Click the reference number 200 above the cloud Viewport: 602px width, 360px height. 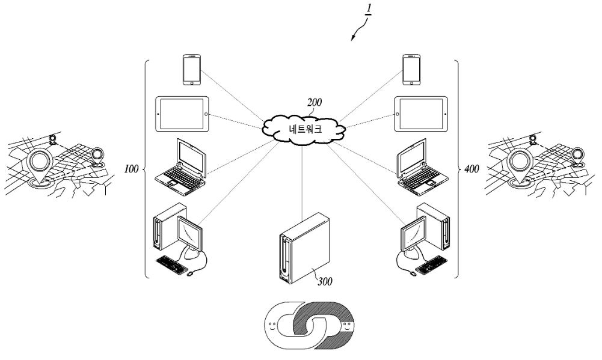pos(315,103)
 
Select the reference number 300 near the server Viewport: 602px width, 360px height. pos(325,282)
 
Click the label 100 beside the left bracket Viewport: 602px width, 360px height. pos(131,169)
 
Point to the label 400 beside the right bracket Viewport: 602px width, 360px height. pos(471,169)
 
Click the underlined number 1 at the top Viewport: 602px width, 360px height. pos(369,8)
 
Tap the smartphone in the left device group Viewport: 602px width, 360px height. pos(192,70)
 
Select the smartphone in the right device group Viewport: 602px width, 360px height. pos(411,70)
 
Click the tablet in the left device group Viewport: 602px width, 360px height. pos(182,114)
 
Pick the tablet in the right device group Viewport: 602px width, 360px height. pos(421,114)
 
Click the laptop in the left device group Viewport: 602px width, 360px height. pos(181,167)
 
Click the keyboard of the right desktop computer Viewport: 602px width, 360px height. pos(432,265)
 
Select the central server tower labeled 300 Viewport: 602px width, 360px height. pos(304,248)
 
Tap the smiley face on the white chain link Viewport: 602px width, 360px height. pos(272,328)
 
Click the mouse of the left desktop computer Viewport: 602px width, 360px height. pos(189,273)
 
